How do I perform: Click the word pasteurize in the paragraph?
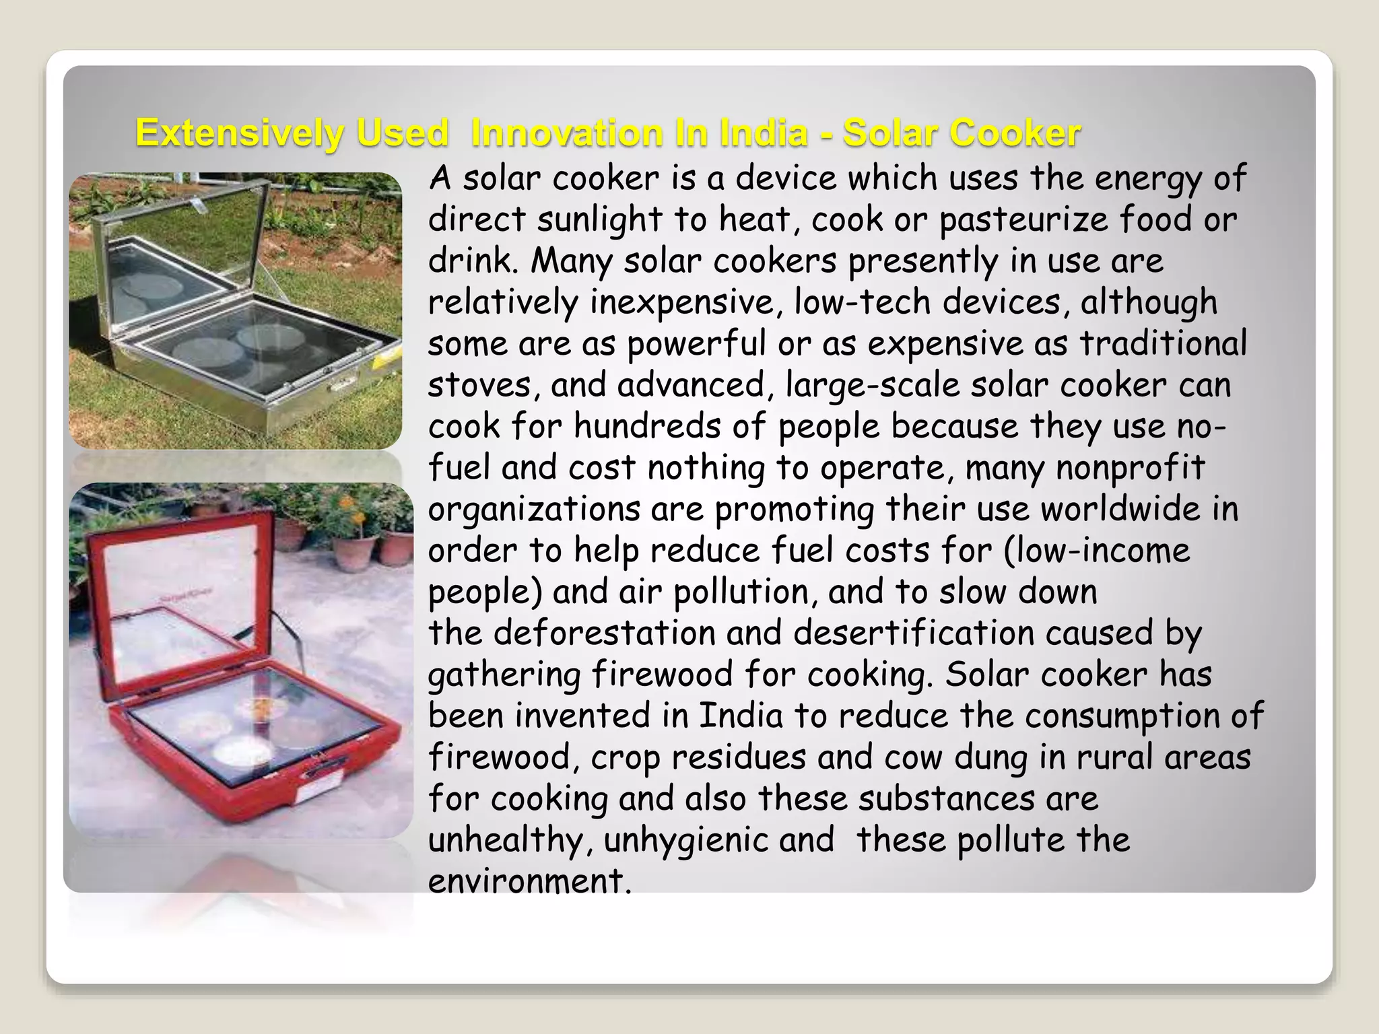pyautogui.click(x=1023, y=220)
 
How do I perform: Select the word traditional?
pyautogui.click(x=1163, y=343)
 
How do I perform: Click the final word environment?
pyautogui.click(x=529, y=881)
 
